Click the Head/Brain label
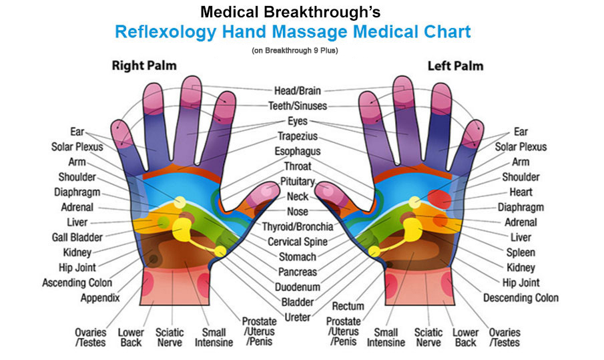298,91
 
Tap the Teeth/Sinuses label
298,106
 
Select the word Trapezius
298,136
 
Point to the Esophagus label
298,152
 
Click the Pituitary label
298,182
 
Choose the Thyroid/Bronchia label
298,226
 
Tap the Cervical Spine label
298,242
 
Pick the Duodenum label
298,287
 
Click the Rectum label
348,307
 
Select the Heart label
521,192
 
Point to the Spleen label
521,252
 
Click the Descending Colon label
521,298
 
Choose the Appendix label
100,298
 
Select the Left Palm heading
455,66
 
